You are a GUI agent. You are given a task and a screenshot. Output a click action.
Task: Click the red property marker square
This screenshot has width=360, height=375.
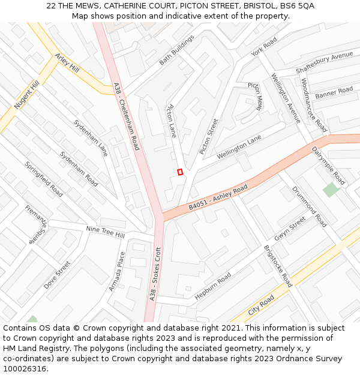[x=180, y=172]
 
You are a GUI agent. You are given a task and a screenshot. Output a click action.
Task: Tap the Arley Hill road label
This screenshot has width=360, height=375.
[x=67, y=62]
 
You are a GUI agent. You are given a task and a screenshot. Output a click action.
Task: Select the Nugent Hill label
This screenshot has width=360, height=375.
[x=26, y=96]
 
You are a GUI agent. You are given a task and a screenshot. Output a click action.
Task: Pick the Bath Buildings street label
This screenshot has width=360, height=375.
[x=177, y=50]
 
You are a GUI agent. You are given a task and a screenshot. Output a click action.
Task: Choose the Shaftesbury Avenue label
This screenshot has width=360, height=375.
[x=325, y=63]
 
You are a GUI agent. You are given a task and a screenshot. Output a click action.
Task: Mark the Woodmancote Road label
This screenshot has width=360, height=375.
[x=314, y=105]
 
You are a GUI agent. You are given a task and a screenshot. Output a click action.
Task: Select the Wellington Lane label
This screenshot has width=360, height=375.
[x=239, y=147]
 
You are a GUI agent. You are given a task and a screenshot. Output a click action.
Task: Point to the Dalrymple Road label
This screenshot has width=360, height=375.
[x=329, y=167]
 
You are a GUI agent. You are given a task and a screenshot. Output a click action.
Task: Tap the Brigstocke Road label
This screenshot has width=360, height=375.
[x=278, y=265]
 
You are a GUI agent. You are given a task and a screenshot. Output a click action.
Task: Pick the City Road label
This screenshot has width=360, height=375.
[x=261, y=305]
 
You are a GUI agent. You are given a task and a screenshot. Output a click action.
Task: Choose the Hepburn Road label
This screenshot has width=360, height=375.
[x=213, y=286]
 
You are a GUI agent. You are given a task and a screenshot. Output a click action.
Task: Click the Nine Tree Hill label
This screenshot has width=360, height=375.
[x=105, y=232]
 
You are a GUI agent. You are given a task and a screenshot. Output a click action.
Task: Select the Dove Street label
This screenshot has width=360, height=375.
[x=57, y=275]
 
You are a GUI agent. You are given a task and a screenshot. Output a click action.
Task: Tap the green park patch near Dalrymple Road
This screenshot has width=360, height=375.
[x=331, y=190]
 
